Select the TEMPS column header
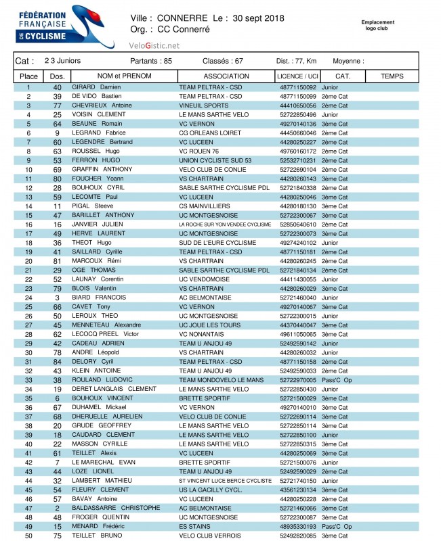coord(392,76)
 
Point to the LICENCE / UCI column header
coord(298,76)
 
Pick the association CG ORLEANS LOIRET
coord(210,133)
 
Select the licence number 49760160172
coord(298,151)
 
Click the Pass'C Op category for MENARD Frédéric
coord(337,526)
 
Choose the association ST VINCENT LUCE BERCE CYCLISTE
coord(225,480)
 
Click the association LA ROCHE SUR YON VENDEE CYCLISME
coord(225,225)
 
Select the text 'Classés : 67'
coord(223,61)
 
